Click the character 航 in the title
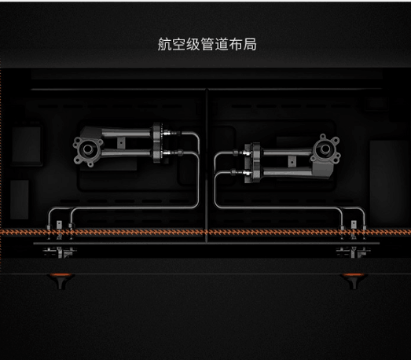[x=164, y=44]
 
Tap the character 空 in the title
[x=178, y=44]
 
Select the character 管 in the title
[x=207, y=44]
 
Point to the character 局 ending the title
[x=250, y=44]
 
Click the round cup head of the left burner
[x=87, y=149]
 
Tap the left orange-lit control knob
[x=61, y=281]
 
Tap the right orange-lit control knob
[x=353, y=281]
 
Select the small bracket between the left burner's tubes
[x=121, y=143]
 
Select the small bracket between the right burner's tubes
[x=292, y=161]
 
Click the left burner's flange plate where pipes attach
[x=157, y=143]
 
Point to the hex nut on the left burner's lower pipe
[x=180, y=152]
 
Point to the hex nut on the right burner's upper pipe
[x=235, y=152]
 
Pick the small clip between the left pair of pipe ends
[x=59, y=225]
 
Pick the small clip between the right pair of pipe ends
[x=354, y=225]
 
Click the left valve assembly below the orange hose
[x=60, y=252]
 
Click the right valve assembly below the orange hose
[x=354, y=252]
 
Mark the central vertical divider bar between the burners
[x=207, y=165]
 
